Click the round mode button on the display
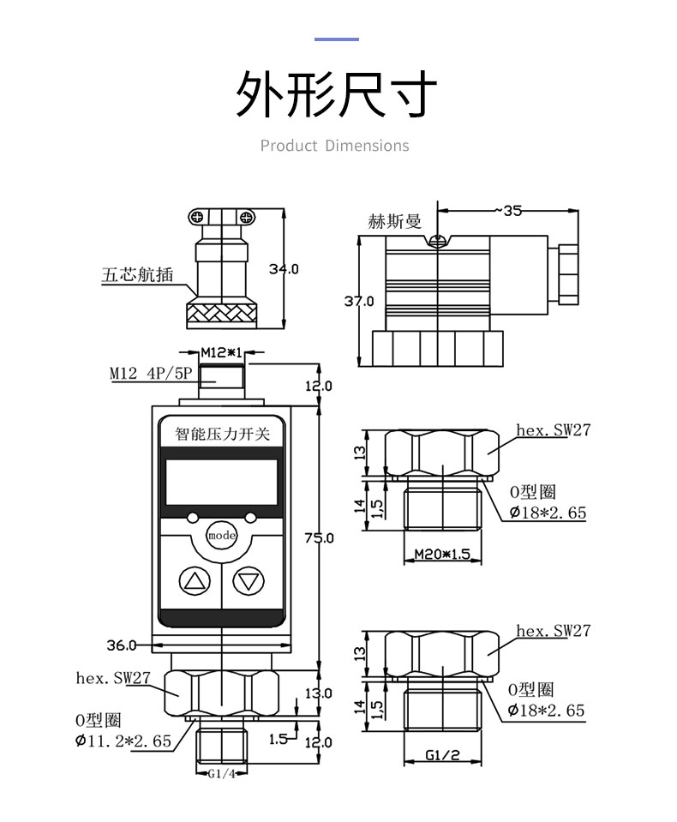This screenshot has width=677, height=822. coord(221,535)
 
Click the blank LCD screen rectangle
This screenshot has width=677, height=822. coord(221,483)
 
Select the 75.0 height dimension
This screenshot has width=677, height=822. coord(320,538)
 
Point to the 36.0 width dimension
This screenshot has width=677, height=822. coord(122,645)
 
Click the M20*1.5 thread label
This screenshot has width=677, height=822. coord(442,554)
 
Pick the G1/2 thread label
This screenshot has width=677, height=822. coord(442,755)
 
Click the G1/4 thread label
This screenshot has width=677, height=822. coord(222,774)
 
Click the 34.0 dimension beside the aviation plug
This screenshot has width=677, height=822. coord(284,269)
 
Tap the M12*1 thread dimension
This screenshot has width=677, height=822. coord(221,351)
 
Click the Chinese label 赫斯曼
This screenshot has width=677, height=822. coord(395,222)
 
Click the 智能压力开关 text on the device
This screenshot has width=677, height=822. coord(222,435)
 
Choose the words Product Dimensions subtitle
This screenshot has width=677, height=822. coord(335,146)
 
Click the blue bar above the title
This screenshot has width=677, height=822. coord(337,39)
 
